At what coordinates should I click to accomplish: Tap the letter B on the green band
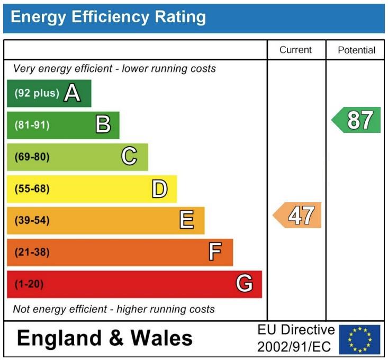click(x=103, y=125)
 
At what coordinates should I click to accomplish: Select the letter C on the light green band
click(x=129, y=157)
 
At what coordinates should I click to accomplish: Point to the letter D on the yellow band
click(x=159, y=188)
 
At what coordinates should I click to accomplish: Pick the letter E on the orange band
click(x=186, y=220)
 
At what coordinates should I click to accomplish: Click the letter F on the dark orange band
click(x=214, y=252)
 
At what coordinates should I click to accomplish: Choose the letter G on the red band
click(x=244, y=284)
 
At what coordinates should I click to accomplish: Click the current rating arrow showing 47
click(x=298, y=215)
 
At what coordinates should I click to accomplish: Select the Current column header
click(x=296, y=50)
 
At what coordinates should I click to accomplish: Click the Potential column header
click(x=356, y=50)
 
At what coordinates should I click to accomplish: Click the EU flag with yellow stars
click(x=359, y=339)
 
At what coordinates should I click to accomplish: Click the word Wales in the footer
click(x=161, y=337)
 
